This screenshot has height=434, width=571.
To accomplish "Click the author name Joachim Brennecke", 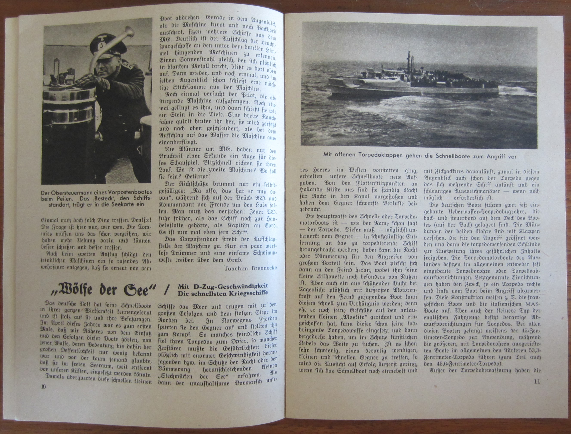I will coord(251,268).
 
